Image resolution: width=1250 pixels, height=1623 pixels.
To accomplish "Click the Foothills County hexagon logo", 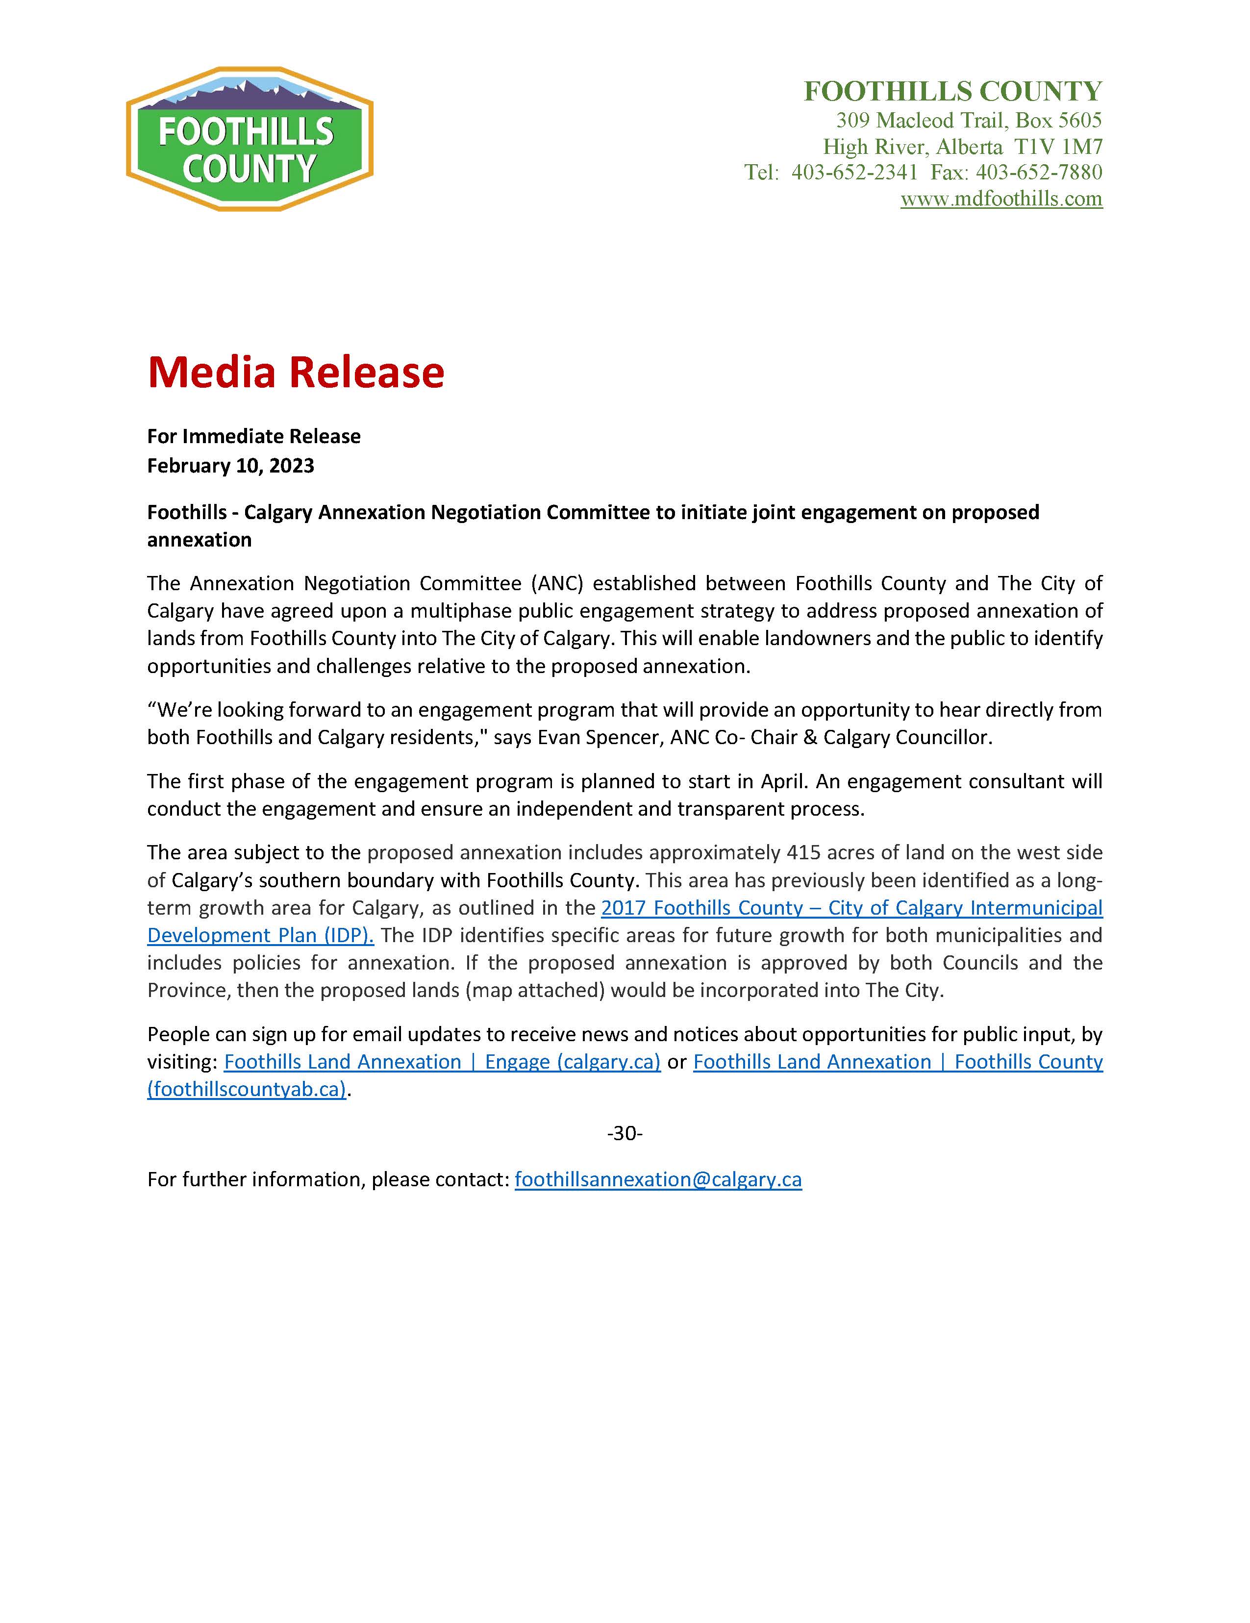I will click(x=250, y=139).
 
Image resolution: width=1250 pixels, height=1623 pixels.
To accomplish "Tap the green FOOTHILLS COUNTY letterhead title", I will click(x=953, y=91).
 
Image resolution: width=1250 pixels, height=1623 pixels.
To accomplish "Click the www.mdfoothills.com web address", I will click(x=1001, y=199).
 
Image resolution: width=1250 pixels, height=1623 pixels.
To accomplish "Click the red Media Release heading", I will click(x=296, y=373).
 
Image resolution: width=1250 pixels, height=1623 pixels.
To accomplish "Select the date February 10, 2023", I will click(x=230, y=466).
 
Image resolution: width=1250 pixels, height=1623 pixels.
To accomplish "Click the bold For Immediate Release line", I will click(x=253, y=436).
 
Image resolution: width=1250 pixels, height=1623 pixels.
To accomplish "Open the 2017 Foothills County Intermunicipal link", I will click(x=851, y=908).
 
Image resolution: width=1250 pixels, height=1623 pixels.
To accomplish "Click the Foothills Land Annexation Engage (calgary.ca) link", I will click(x=442, y=1062).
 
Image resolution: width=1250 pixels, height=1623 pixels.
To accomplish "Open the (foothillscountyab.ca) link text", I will click(x=247, y=1089).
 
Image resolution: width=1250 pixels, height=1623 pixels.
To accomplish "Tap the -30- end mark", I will click(x=624, y=1133).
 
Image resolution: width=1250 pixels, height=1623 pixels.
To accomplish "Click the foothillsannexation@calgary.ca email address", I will click(x=658, y=1179).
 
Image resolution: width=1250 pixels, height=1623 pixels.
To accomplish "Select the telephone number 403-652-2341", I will click(x=854, y=173).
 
